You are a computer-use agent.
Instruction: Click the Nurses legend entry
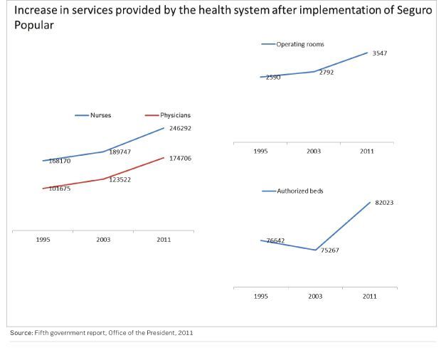[100, 115]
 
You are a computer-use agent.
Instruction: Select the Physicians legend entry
[175, 115]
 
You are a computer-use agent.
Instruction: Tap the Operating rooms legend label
[300, 44]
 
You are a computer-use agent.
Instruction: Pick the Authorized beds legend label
[299, 191]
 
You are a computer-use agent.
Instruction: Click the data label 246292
[180, 128]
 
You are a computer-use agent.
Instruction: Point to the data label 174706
[180, 158]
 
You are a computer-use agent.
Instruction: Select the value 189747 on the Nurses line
[120, 152]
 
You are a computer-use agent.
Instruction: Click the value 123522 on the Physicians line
[120, 179]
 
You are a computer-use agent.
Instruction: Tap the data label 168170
[60, 161]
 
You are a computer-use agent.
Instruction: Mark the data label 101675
[60, 189]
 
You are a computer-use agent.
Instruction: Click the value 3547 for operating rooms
[379, 53]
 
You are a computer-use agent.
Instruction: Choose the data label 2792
[326, 72]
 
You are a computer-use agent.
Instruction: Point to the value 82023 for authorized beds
[384, 203]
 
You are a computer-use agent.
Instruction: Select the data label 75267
[329, 250]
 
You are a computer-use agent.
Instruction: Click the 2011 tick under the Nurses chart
[164, 240]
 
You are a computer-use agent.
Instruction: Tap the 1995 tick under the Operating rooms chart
[260, 152]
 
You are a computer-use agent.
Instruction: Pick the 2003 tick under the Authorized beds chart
[315, 296]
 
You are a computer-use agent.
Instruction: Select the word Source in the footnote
[20, 332]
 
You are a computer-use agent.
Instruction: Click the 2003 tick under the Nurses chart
[103, 240]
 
